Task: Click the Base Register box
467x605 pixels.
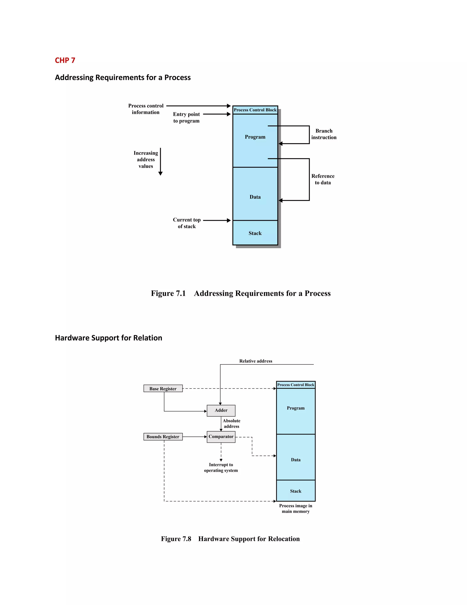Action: pyautogui.click(x=163, y=389)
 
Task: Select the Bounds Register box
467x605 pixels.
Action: pyautogui.click(x=163, y=437)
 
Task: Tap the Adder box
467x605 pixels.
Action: pyautogui.click(x=221, y=410)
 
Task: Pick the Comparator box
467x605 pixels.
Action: pyautogui.click(x=221, y=437)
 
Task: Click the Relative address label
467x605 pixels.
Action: pyautogui.click(x=256, y=361)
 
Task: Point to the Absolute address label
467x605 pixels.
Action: pyautogui.click(x=232, y=423)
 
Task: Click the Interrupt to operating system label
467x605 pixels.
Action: pyautogui.click(x=221, y=468)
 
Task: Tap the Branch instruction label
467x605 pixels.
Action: pyautogui.click(x=324, y=134)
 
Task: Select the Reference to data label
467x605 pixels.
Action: pyautogui.click(x=323, y=179)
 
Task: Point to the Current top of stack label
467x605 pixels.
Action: pyautogui.click(x=187, y=223)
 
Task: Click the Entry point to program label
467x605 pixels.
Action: pyautogui.click(x=187, y=117)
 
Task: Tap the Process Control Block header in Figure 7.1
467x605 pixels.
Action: pyautogui.click(x=255, y=110)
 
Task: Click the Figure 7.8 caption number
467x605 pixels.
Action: pyautogui.click(x=176, y=539)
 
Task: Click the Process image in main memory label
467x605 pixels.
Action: pyautogui.click(x=296, y=509)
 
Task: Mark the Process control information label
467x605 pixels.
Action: pyautogui.click(x=146, y=109)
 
